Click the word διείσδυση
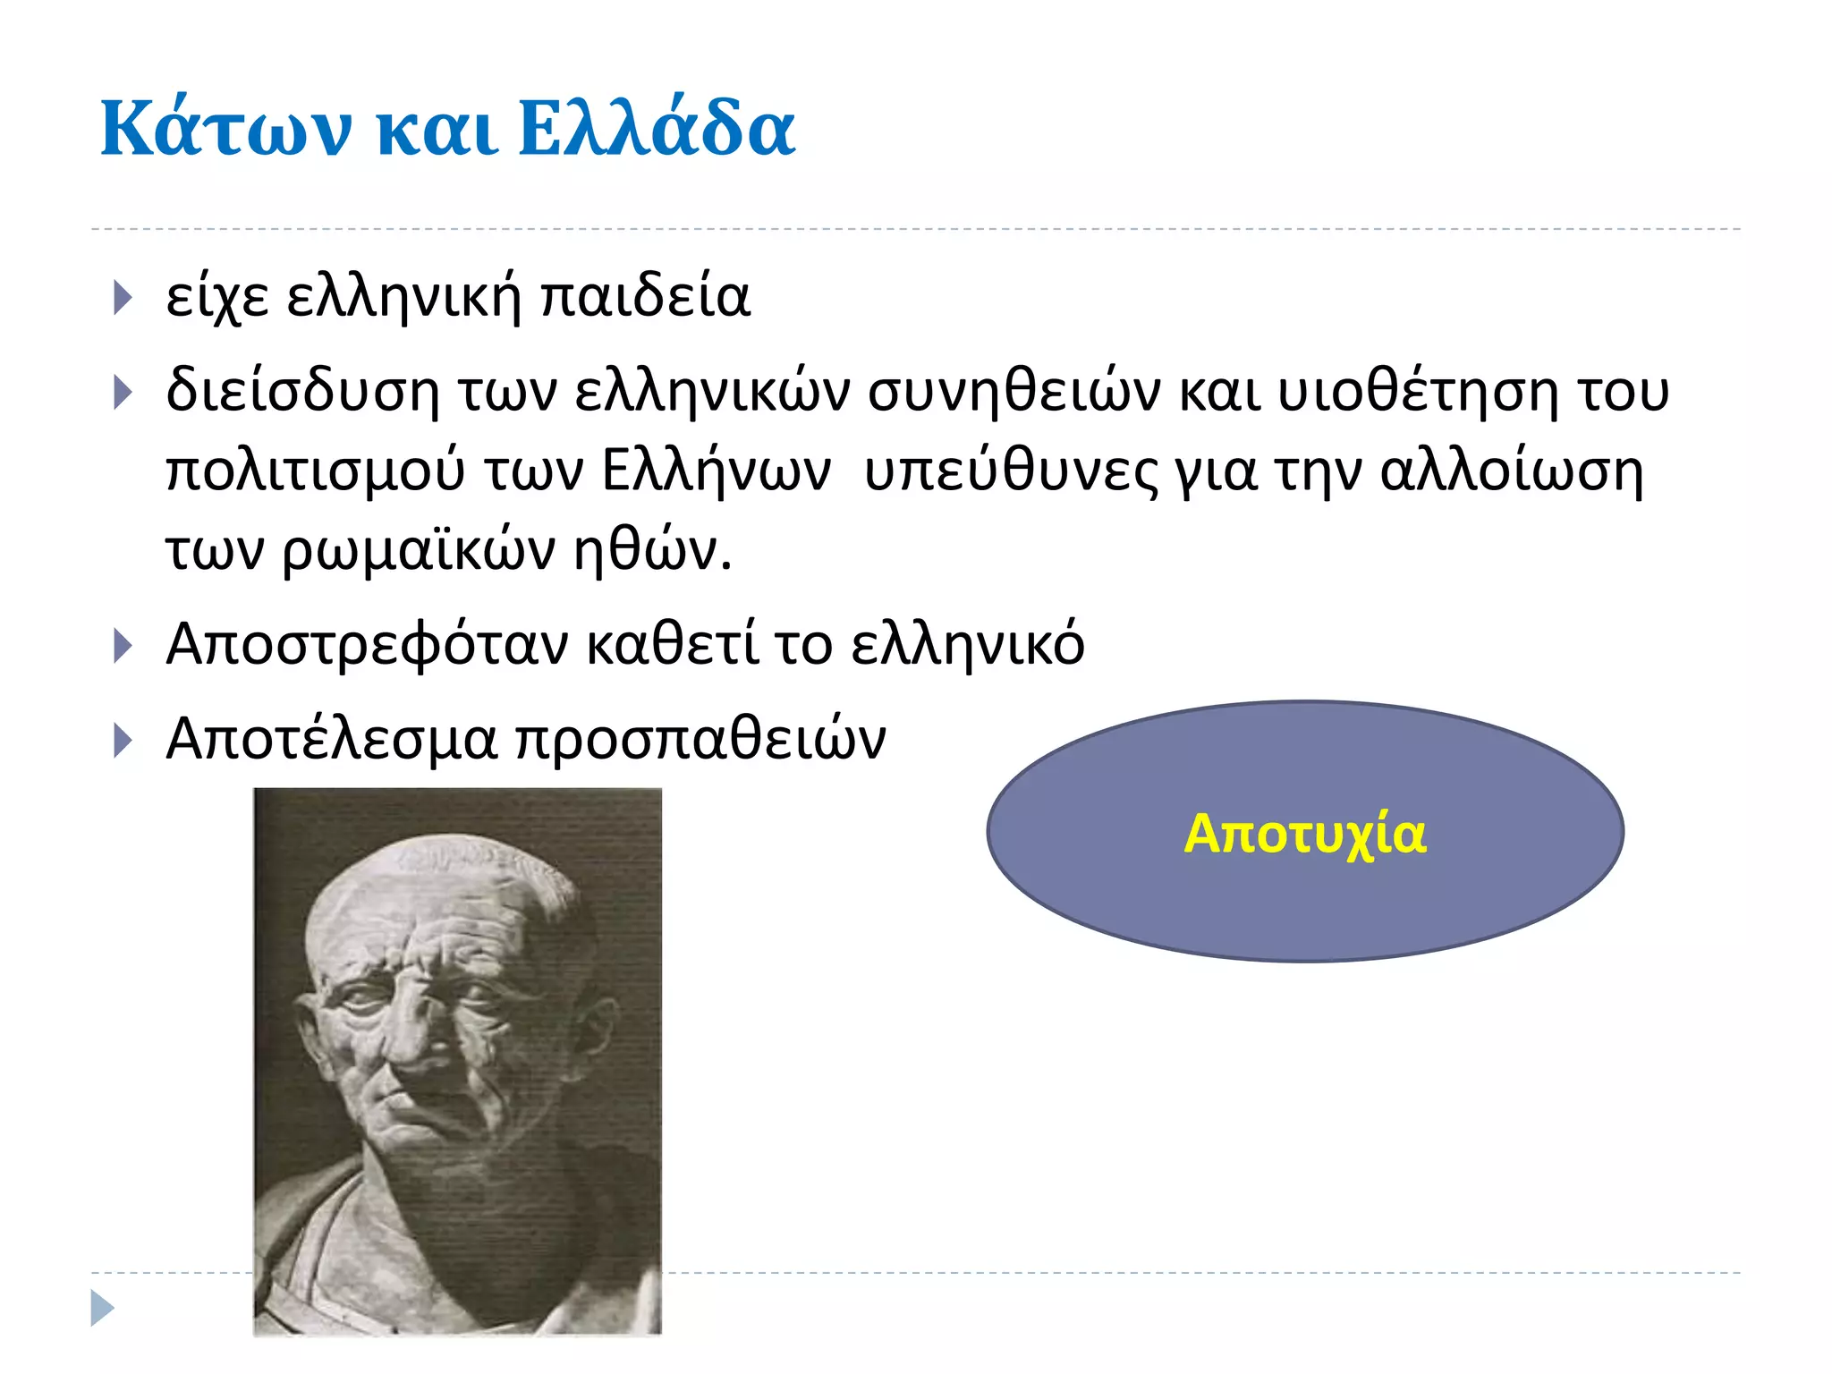coord(302,392)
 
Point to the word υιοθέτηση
coord(1417,392)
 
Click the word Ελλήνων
coord(716,471)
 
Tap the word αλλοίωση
coord(1511,471)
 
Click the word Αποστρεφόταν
coord(367,644)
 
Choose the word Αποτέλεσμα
coord(331,740)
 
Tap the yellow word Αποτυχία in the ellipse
coord(1304,834)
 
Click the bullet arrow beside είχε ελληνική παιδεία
coord(123,298)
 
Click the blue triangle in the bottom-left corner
coord(102,1308)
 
